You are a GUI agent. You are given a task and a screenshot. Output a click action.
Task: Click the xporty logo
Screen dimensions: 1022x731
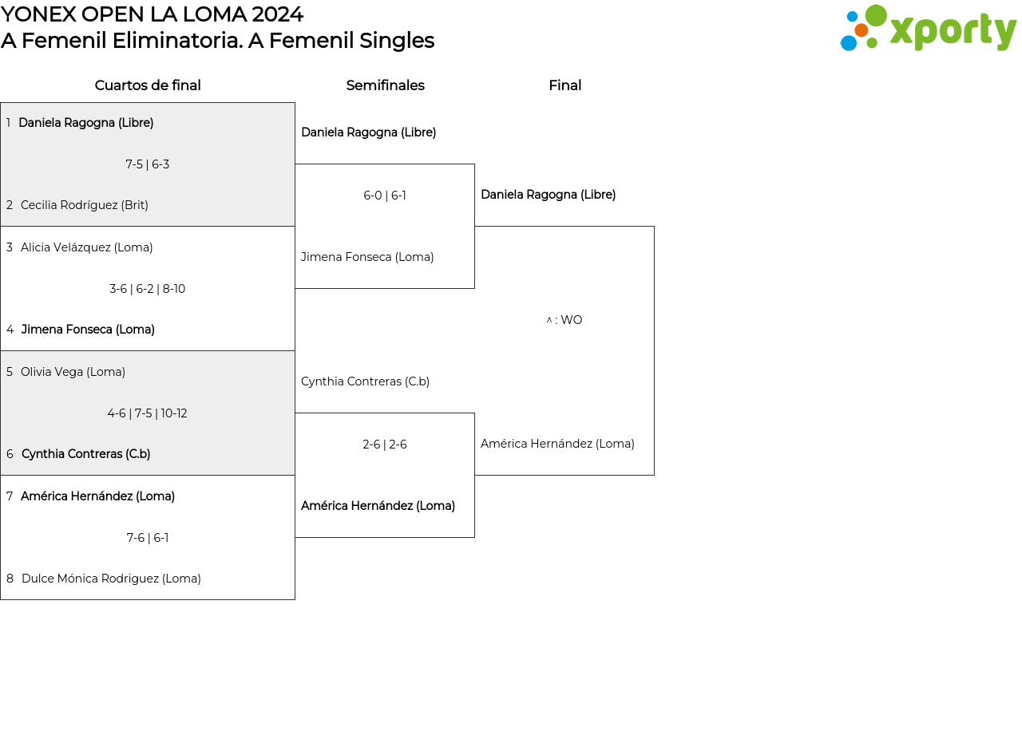928,28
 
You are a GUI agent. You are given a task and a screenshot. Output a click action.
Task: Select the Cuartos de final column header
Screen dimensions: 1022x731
148,85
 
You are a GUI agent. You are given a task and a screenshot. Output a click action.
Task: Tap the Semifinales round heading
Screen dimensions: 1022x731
385,85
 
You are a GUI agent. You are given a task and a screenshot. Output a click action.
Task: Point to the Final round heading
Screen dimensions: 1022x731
564,85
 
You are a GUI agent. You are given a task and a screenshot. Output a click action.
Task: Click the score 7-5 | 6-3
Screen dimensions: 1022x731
148,164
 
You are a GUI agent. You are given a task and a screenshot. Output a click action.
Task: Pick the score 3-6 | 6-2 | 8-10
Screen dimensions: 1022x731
148,289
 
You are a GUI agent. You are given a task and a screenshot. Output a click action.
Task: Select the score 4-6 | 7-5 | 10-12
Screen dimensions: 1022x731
148,413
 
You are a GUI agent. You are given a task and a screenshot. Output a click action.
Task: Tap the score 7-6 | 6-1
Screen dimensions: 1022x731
148,538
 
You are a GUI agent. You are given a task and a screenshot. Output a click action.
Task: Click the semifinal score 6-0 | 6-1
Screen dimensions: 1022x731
385,196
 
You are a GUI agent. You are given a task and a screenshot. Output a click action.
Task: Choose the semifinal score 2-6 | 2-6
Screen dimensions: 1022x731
385,445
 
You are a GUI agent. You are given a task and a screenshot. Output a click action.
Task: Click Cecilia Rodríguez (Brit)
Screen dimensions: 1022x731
85,205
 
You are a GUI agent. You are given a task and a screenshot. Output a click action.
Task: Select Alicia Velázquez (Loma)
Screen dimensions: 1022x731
87,247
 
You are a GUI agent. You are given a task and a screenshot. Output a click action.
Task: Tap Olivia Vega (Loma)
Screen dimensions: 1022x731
73,372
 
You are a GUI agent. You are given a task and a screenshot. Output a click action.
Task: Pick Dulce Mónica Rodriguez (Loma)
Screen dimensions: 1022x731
111,579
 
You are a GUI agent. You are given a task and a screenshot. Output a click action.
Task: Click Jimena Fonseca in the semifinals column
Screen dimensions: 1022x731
367,257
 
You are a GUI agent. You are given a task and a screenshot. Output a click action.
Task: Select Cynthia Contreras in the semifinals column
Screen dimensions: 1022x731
365,381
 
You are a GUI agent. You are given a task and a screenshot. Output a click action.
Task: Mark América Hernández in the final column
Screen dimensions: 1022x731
557,443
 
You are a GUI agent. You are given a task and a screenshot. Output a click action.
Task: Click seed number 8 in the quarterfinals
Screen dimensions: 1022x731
10,579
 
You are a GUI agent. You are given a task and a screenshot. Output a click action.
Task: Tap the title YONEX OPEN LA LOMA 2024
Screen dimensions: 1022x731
152,14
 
